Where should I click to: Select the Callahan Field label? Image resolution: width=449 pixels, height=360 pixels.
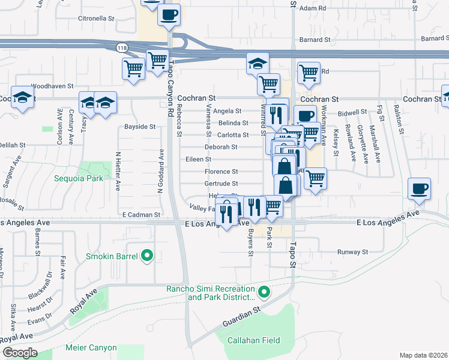pos(253,340)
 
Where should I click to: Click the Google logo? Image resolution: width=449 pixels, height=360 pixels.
pos(20,353)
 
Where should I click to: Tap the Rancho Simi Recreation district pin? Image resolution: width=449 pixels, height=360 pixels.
pos(265,293)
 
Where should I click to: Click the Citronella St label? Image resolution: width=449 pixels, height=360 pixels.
pos(96,19)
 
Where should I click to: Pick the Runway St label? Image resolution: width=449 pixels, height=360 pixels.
pos(352,252)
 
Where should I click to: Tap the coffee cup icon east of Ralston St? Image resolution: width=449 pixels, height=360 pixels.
pos(419,188)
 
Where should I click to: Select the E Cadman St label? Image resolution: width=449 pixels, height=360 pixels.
pos(141,214)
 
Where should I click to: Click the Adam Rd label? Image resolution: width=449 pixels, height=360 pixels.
pos(313,8)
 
